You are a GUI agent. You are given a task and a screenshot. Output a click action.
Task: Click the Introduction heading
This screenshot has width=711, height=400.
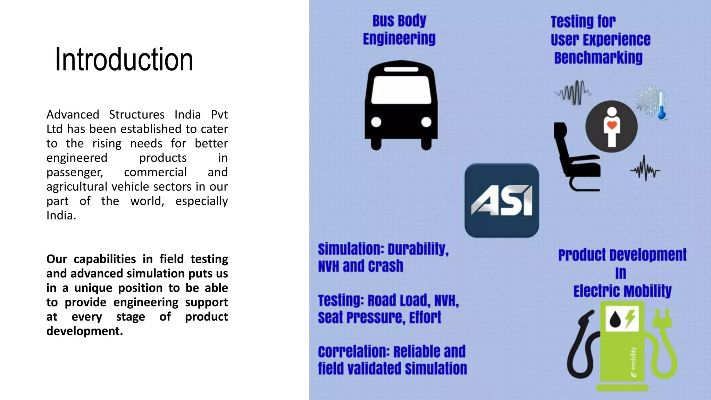pos(124,60)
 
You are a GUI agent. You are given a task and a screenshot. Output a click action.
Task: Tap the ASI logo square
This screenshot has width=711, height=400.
pos(502,200)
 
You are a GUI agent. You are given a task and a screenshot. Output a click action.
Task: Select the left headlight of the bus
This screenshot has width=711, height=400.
pos(376,122)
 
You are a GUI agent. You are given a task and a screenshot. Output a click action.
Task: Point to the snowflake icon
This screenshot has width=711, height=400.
pos(647,100)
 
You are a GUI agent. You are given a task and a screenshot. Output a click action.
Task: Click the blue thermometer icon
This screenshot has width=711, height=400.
pos(662,106)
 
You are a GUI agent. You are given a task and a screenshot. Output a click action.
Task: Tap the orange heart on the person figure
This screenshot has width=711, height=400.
pos(612,125)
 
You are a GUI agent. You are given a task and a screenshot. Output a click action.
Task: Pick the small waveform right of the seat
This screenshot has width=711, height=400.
pos(645,169)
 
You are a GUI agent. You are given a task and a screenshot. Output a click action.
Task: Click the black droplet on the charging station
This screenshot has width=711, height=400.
pos(615,319)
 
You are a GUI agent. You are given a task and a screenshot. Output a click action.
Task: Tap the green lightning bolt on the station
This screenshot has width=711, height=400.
pos(630,319)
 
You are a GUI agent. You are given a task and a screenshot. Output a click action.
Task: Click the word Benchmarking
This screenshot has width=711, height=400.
pos(598,58)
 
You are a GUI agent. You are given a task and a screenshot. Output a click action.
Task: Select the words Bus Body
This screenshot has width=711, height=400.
pos(399,21)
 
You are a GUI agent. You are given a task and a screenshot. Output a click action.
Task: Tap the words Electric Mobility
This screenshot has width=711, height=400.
pos(622,291)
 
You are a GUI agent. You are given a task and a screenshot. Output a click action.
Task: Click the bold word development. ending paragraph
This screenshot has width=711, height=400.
pos(85,331)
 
